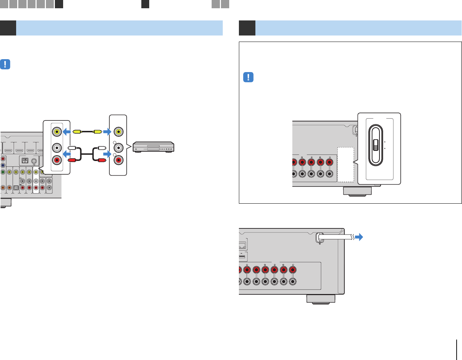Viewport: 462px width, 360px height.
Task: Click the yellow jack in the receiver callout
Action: [56, 132]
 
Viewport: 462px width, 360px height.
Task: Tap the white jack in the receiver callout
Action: [56, 147]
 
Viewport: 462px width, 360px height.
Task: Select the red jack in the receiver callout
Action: [56, 160]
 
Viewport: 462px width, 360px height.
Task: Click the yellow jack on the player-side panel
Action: [118, 132]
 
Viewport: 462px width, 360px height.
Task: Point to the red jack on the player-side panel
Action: [118, 160]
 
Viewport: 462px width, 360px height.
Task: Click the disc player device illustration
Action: [153, 147]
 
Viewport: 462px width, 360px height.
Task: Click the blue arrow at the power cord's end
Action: [358, 237]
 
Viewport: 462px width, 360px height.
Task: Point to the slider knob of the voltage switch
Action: [376, 145]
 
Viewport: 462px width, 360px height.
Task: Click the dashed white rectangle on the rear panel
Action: [345, 164]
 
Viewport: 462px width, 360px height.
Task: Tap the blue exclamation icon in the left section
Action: [5, 65]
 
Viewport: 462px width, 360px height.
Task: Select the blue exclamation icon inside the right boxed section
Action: [248, 77]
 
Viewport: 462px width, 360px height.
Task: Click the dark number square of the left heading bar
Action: [8, 28]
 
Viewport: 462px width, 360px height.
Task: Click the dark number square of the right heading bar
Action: [247, 28]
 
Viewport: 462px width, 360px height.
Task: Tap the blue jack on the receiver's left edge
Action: [3, 165]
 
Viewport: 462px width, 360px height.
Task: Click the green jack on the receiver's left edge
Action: [3, 172]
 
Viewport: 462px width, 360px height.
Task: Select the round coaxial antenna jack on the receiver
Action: [34, 161]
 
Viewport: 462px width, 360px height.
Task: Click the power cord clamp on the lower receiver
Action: [319, 238]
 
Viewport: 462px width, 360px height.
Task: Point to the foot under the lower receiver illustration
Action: [321, 299]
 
